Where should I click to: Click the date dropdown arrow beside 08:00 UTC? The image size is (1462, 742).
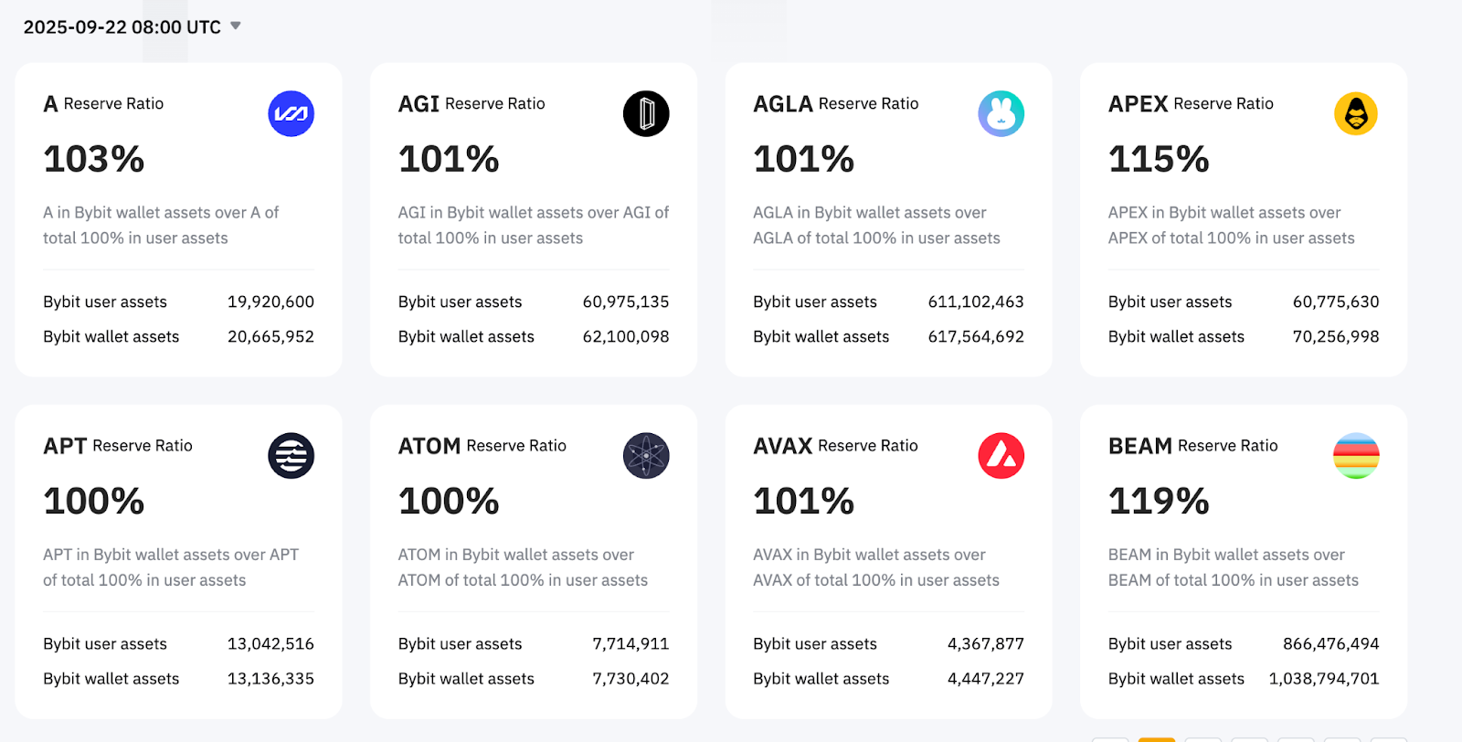(236, 26)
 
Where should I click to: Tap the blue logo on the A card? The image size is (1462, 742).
(291, 114)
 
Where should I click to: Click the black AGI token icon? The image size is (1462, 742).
(646, 114)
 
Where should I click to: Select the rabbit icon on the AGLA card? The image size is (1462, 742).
(1001, 114)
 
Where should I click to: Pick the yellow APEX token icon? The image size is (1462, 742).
(1356, 114)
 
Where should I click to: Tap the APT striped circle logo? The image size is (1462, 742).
(291, 456)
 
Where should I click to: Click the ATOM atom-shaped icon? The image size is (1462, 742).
(646, 456)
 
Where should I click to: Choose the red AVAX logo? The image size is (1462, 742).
(1001, 456)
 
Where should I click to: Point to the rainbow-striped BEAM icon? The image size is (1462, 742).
(1356, 456)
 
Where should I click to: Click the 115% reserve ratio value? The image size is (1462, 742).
(1159, 159)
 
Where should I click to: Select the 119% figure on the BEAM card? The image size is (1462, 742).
(1159, 501)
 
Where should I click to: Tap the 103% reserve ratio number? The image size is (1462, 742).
(94, 159)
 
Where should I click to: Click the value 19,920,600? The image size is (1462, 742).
(270, 302)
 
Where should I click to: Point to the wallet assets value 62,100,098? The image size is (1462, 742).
(626, 336)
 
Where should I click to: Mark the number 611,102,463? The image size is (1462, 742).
(976, 302)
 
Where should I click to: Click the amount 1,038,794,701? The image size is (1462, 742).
(1324, 679)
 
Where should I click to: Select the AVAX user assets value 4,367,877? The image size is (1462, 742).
(986, 644)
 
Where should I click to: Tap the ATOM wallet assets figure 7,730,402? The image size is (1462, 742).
(630, 679)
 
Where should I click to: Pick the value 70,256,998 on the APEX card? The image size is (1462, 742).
(1336, 336)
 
